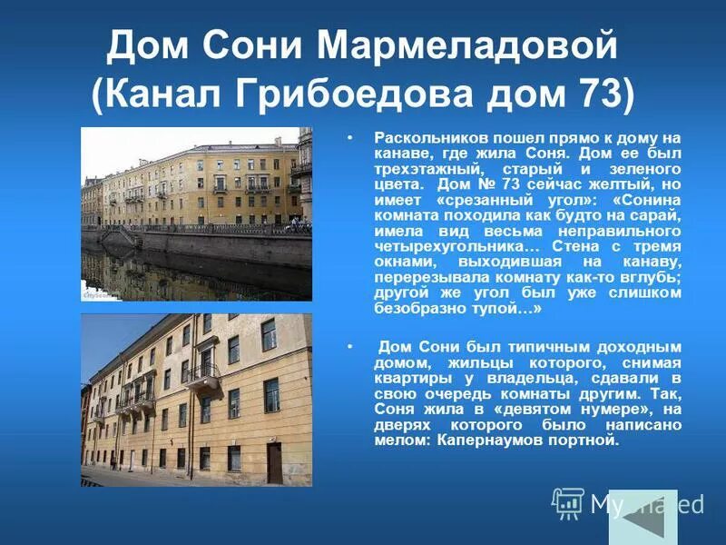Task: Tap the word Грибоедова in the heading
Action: pyautogui.click(x=356, y=94)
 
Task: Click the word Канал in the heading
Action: pyautogui.click(x=168, y=94)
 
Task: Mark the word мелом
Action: pyautogui.click(x=402, y=441)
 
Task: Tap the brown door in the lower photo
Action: pyautogui.click(x=274, y=463)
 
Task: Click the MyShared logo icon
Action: pyautogui.click(x=567, y=502)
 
